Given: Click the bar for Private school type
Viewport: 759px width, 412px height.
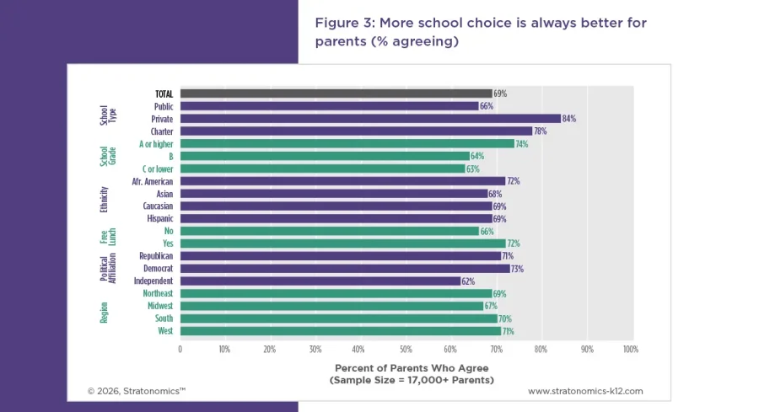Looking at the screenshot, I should (370, 119).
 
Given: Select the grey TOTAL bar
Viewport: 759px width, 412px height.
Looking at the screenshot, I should (336, 94).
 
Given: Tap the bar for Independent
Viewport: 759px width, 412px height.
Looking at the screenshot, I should (320, 281).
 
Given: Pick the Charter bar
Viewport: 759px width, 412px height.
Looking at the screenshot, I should (356, 131).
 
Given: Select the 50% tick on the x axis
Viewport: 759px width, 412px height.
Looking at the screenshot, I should (405, 348).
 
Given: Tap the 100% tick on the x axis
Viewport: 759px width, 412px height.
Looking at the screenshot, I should (629, 348).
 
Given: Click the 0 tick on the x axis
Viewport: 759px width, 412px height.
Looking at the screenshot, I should (180, 348).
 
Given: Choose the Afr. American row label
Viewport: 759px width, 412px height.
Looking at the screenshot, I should (153, 181).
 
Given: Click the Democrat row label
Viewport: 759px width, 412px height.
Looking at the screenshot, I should (156, 268).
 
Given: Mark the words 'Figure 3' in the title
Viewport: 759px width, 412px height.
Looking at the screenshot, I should (342, 23).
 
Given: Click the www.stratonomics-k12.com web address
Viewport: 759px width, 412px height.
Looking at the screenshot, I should (585, 391).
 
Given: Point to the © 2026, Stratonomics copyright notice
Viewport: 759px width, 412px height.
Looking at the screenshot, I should (137, 391).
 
